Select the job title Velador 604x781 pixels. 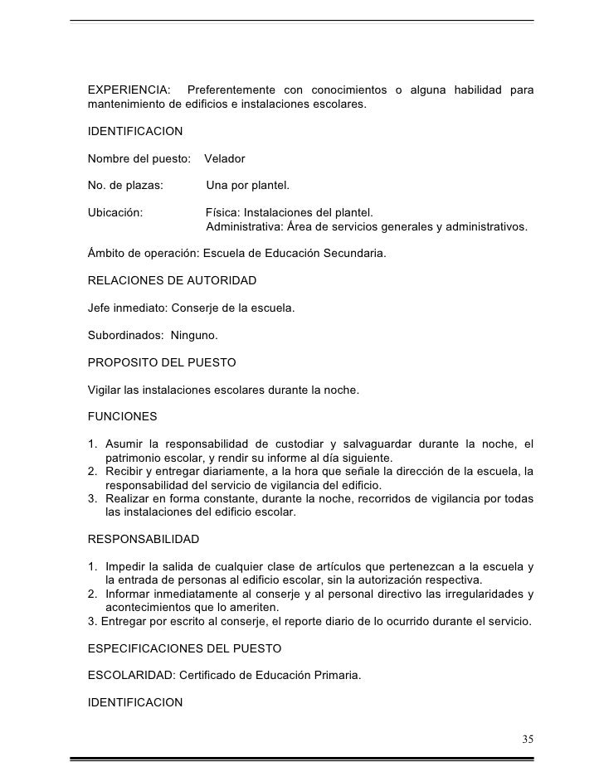click(x=225, y=158)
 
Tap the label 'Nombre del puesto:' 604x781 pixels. click(x=139, y=158)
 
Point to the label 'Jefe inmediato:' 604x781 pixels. click(x=128, y=308)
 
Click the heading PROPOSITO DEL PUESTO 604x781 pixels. click(x=162, y=362)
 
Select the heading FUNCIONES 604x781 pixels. click(x=122, y=415)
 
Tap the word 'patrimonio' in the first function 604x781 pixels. click(x=135, y=458)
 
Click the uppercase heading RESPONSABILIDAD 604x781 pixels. click(x=144, y=539)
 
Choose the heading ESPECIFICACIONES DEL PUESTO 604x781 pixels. click(x=184, y=648)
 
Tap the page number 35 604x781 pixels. click(x=528, y=739)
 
